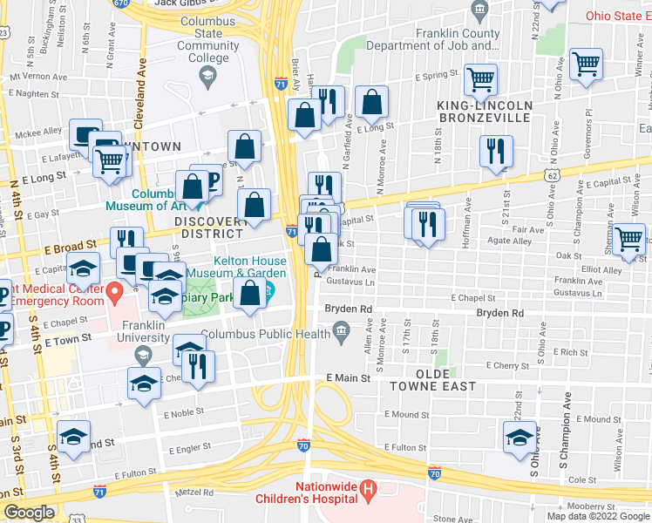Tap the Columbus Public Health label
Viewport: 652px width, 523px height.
[x=265, y=333]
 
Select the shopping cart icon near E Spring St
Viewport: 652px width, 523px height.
[x=480, y=80]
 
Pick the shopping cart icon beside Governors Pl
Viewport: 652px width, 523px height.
[x=585, y=64]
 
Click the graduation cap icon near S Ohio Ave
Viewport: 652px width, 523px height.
[x=520, y=438]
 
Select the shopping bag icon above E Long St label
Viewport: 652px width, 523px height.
[x=372, y=104]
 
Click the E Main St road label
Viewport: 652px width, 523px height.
[x=349, y=378]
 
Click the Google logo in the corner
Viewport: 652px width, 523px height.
[x=28, y=513]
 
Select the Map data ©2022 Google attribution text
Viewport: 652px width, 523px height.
[x=597, y=516]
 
